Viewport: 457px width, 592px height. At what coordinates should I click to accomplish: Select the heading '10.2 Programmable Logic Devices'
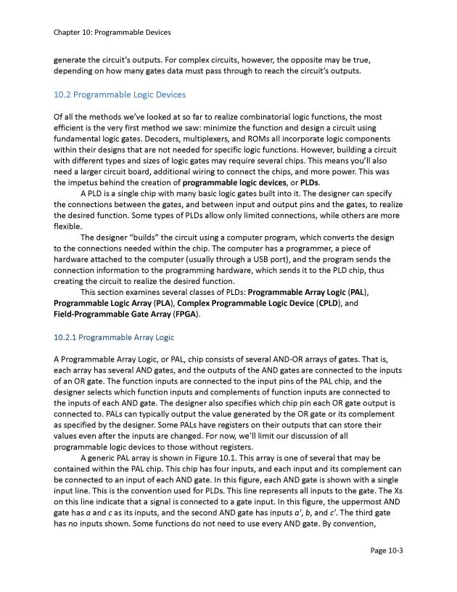[x=120, y=94]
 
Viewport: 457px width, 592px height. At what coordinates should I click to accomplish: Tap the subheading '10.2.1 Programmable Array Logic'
[x=114, y=337]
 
